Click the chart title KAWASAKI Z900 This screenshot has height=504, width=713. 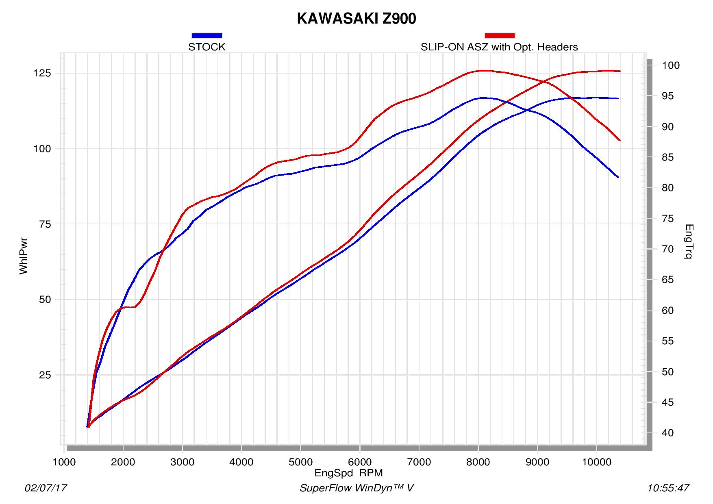coord(356,19)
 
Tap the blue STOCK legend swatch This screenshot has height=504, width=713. coord(207,36)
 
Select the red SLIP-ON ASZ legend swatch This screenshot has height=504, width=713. coord(500,36)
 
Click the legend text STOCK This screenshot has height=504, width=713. coord(207,47)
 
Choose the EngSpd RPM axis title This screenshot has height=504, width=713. coord(348,473)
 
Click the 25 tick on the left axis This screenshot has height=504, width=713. coord(45,375)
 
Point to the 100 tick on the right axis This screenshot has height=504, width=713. coord(671,65)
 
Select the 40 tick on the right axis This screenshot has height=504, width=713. coord(668,433)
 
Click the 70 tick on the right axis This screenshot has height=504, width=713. coord(668,249)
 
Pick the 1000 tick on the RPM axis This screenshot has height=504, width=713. coord(64,463)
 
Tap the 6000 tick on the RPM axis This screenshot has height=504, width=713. coord(360,463)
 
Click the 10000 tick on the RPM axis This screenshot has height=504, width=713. coord(596,463)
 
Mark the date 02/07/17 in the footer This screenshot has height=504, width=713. coord(46,488)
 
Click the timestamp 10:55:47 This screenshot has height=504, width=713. coord(668,488)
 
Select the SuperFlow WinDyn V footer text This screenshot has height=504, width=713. coord(356,488)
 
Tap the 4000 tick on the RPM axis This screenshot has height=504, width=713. coord(241,463)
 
